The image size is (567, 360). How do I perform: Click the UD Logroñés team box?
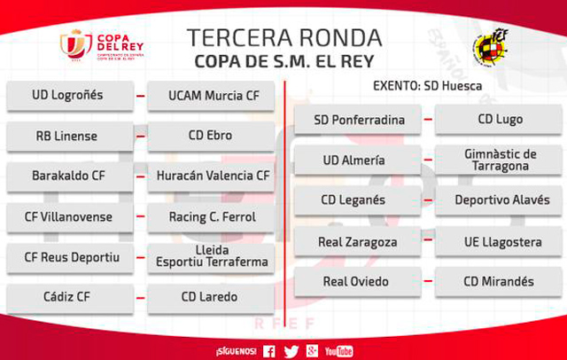70,96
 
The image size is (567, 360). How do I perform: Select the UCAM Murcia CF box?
211,96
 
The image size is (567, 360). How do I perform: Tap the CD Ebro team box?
211,136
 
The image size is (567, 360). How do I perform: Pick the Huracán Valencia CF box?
211,176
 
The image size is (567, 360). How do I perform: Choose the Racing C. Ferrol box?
211,217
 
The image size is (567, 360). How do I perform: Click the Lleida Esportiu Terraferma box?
211,258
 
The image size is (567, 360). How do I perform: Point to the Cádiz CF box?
70,298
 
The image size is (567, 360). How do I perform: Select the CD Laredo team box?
211,298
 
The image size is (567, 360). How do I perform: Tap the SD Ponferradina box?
358,120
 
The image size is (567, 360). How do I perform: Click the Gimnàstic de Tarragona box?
499,160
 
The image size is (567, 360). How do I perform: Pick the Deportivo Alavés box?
499,200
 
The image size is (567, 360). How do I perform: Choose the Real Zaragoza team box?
358,241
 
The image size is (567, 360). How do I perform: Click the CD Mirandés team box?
499,281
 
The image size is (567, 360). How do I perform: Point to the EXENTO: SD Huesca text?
427,86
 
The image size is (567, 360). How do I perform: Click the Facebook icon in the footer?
268,351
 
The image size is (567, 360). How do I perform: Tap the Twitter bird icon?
291,351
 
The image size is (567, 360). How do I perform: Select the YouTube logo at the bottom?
338,351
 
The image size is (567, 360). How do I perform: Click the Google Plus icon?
312,350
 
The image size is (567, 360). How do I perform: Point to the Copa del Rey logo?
102,46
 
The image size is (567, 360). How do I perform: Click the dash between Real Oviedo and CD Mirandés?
428,281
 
